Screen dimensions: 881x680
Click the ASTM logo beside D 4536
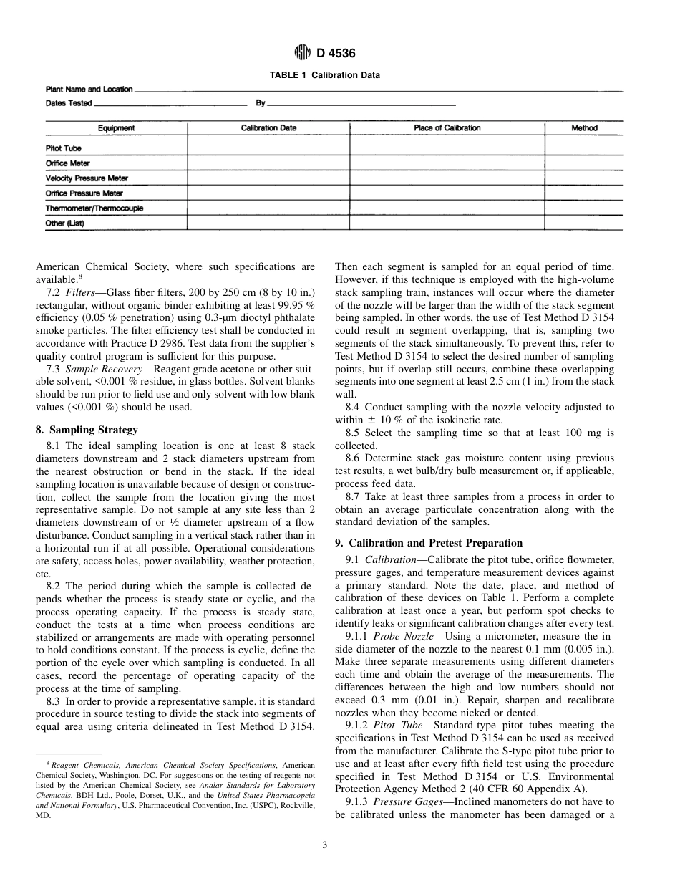pyautogui.click(x=301, y=52)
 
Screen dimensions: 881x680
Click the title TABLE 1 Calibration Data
pyautogui.click(x=324, y=75)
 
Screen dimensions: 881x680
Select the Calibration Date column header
pyautogui.click(x=268, y=128)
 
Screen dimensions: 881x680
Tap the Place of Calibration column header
pyautogui.click(x=447, y=128)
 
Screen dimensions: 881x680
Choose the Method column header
pyautogui.click(x=584, y=128)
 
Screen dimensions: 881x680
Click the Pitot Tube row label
pyautogui.click(x=64, y=148)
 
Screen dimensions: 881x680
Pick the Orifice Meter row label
pyautogui.click(x=68, y=163)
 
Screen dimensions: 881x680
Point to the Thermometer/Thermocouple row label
pyautogui.click(x=94, y=208)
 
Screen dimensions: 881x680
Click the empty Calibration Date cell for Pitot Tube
pyautogui.click(x=268, y=148)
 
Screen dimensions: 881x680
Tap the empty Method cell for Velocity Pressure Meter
pyautogui.click(x=584, y=178)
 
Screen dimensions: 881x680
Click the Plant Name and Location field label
pyautogui.click(x=89, y=90)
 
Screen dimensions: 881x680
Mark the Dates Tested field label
pyautogui.click(x=69, y=103)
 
